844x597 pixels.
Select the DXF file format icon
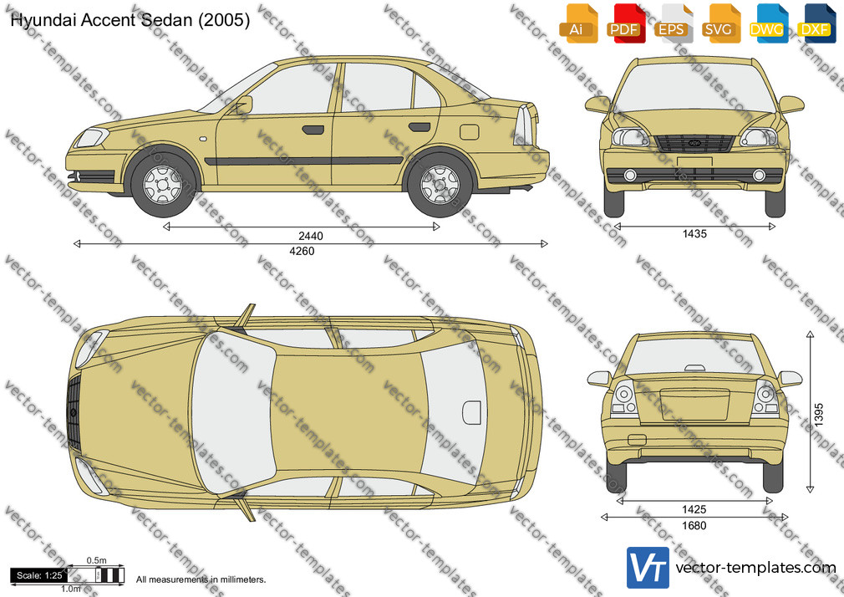coord(816,23)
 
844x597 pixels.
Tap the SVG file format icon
coord(721,23)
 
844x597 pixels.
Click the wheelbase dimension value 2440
coord(311,236)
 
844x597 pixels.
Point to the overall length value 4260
coord(302,251)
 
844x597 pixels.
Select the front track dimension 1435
coord(694,234)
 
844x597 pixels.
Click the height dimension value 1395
coord(819,415)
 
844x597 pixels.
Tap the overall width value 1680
coord(694,525)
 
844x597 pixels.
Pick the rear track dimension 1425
coord(694,509)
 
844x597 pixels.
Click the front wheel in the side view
coord(163,185)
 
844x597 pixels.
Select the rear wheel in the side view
coord(440,185)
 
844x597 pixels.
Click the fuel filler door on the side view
coord(470,132)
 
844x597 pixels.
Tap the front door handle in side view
coord(313,130)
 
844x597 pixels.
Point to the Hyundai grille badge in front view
coord(694,143)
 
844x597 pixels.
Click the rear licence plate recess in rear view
coord(695,405)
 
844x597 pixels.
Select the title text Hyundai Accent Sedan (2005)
coord(130,20)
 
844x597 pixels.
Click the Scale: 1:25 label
coord(39,575)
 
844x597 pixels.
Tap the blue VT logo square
coord(648,568)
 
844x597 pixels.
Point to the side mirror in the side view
coord(243,105)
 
